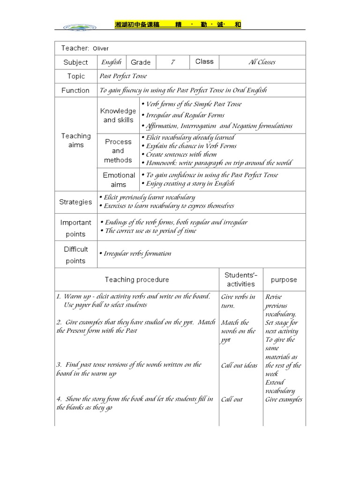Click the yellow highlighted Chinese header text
tap(178, 25)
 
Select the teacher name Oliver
tap(100, 48)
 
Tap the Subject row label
tap(75, 62)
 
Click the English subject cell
tap(112, 62)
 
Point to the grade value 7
tap(172, 62)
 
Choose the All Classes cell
tap(262, 62)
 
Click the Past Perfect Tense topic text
tap(123, 76)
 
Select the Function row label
tap(75, 90)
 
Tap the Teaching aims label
tap(75, 141)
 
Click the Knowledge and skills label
tap(118, 115)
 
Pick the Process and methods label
tap(118, 150)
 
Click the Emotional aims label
tap(118, 180)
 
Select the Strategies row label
tap(75, 202)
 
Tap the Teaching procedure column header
tap(137, 280)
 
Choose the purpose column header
tap(284, 280)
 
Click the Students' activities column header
tap(241, 279)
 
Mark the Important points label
tap(75, 228)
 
